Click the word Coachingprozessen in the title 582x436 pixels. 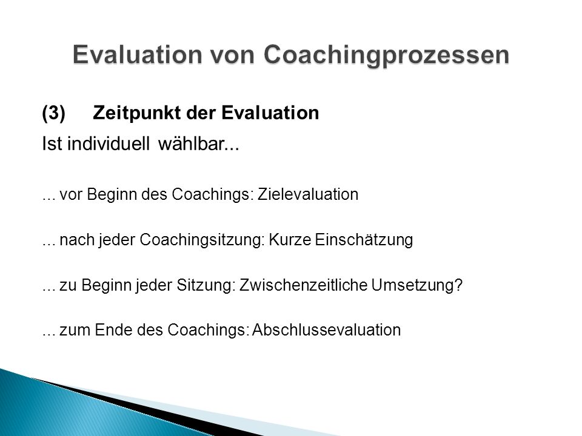tap(386, 55)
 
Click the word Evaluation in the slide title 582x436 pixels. tap(138, 54)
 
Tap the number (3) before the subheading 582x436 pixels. tap(54, 113)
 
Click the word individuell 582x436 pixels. tap(109, 144)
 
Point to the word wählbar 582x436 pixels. tap(199, 144)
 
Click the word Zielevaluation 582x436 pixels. tap(308, 194)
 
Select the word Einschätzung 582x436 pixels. tap(364, 240)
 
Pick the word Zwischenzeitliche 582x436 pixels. tap(303, 285)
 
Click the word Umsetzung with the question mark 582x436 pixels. tap(417, 285)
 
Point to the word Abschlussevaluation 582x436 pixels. tap(327, 330)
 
